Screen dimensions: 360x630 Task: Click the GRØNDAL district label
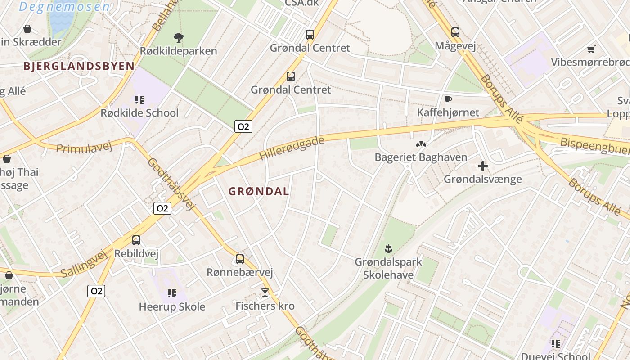point(259,191)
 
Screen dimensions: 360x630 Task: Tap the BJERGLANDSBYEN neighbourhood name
point(79,66)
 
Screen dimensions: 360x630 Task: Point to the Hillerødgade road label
point(292,149)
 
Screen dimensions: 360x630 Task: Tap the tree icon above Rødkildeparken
point(179,38)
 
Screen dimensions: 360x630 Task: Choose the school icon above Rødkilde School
point(139,99)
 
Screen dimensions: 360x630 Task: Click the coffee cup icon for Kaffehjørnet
point(448,99)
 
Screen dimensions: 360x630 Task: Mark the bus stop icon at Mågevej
point(455,32)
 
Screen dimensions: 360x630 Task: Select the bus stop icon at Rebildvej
point(136,240)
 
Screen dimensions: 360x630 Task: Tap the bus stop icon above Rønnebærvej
point(240,259)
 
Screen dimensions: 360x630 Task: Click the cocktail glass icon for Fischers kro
point(265,292)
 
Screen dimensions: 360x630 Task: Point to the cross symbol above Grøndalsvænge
point(483,166)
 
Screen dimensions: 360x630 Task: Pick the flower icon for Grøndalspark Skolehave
point(388,248)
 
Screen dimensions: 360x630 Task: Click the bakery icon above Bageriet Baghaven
point(421,144)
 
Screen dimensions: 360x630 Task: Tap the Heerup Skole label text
point(172,307)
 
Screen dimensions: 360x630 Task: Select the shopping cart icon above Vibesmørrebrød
point(591,49)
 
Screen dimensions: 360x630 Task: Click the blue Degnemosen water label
point(65,7)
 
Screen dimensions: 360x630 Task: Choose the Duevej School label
point(556,356)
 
